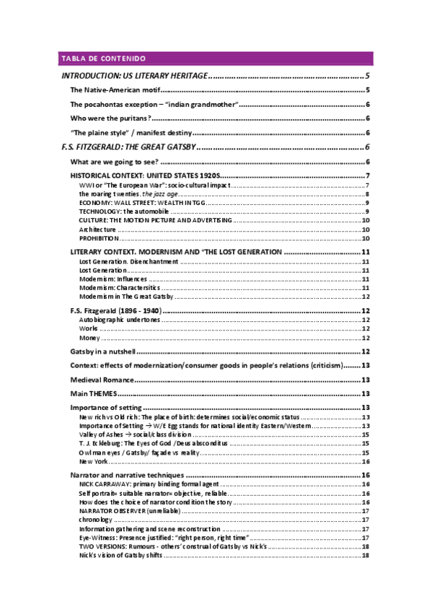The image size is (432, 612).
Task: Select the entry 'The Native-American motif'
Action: pos(113,90)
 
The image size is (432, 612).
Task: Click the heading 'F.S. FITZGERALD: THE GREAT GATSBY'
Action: pos(128,147)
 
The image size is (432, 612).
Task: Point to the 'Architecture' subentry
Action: pos(97,229)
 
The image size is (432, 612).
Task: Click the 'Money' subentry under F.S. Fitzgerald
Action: pos(89,337)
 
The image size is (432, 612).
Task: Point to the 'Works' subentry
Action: pos(89,328)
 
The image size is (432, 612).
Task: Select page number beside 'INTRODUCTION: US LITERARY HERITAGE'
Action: pos(368,76)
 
